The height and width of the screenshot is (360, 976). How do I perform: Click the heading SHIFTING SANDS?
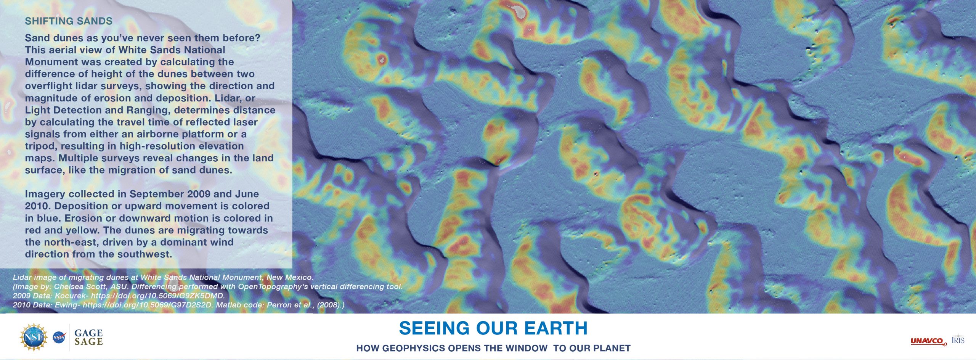[69, 21]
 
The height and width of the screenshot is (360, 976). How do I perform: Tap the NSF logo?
[34, 337]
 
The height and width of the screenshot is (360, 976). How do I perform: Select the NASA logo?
[59, 337]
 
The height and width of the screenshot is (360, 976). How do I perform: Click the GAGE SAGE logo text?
[88, 337]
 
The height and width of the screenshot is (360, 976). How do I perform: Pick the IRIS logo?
[958, 339]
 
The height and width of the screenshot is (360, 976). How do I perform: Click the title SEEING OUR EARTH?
[493, 328]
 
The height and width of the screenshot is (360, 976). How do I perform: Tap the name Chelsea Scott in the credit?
[76, 287]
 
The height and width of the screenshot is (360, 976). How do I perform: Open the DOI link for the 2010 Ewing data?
[149, 305]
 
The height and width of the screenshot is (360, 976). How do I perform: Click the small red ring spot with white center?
[382, 59]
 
